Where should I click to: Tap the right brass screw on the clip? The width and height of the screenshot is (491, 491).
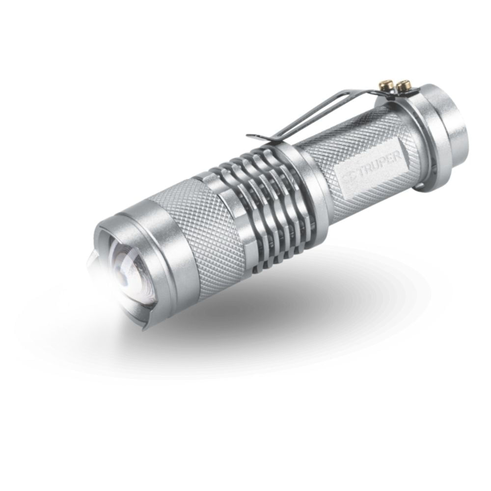pyautogui.click(x=405, y=84)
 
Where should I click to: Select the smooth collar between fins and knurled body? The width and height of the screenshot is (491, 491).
pyautogui.click(x=307, y=182)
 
